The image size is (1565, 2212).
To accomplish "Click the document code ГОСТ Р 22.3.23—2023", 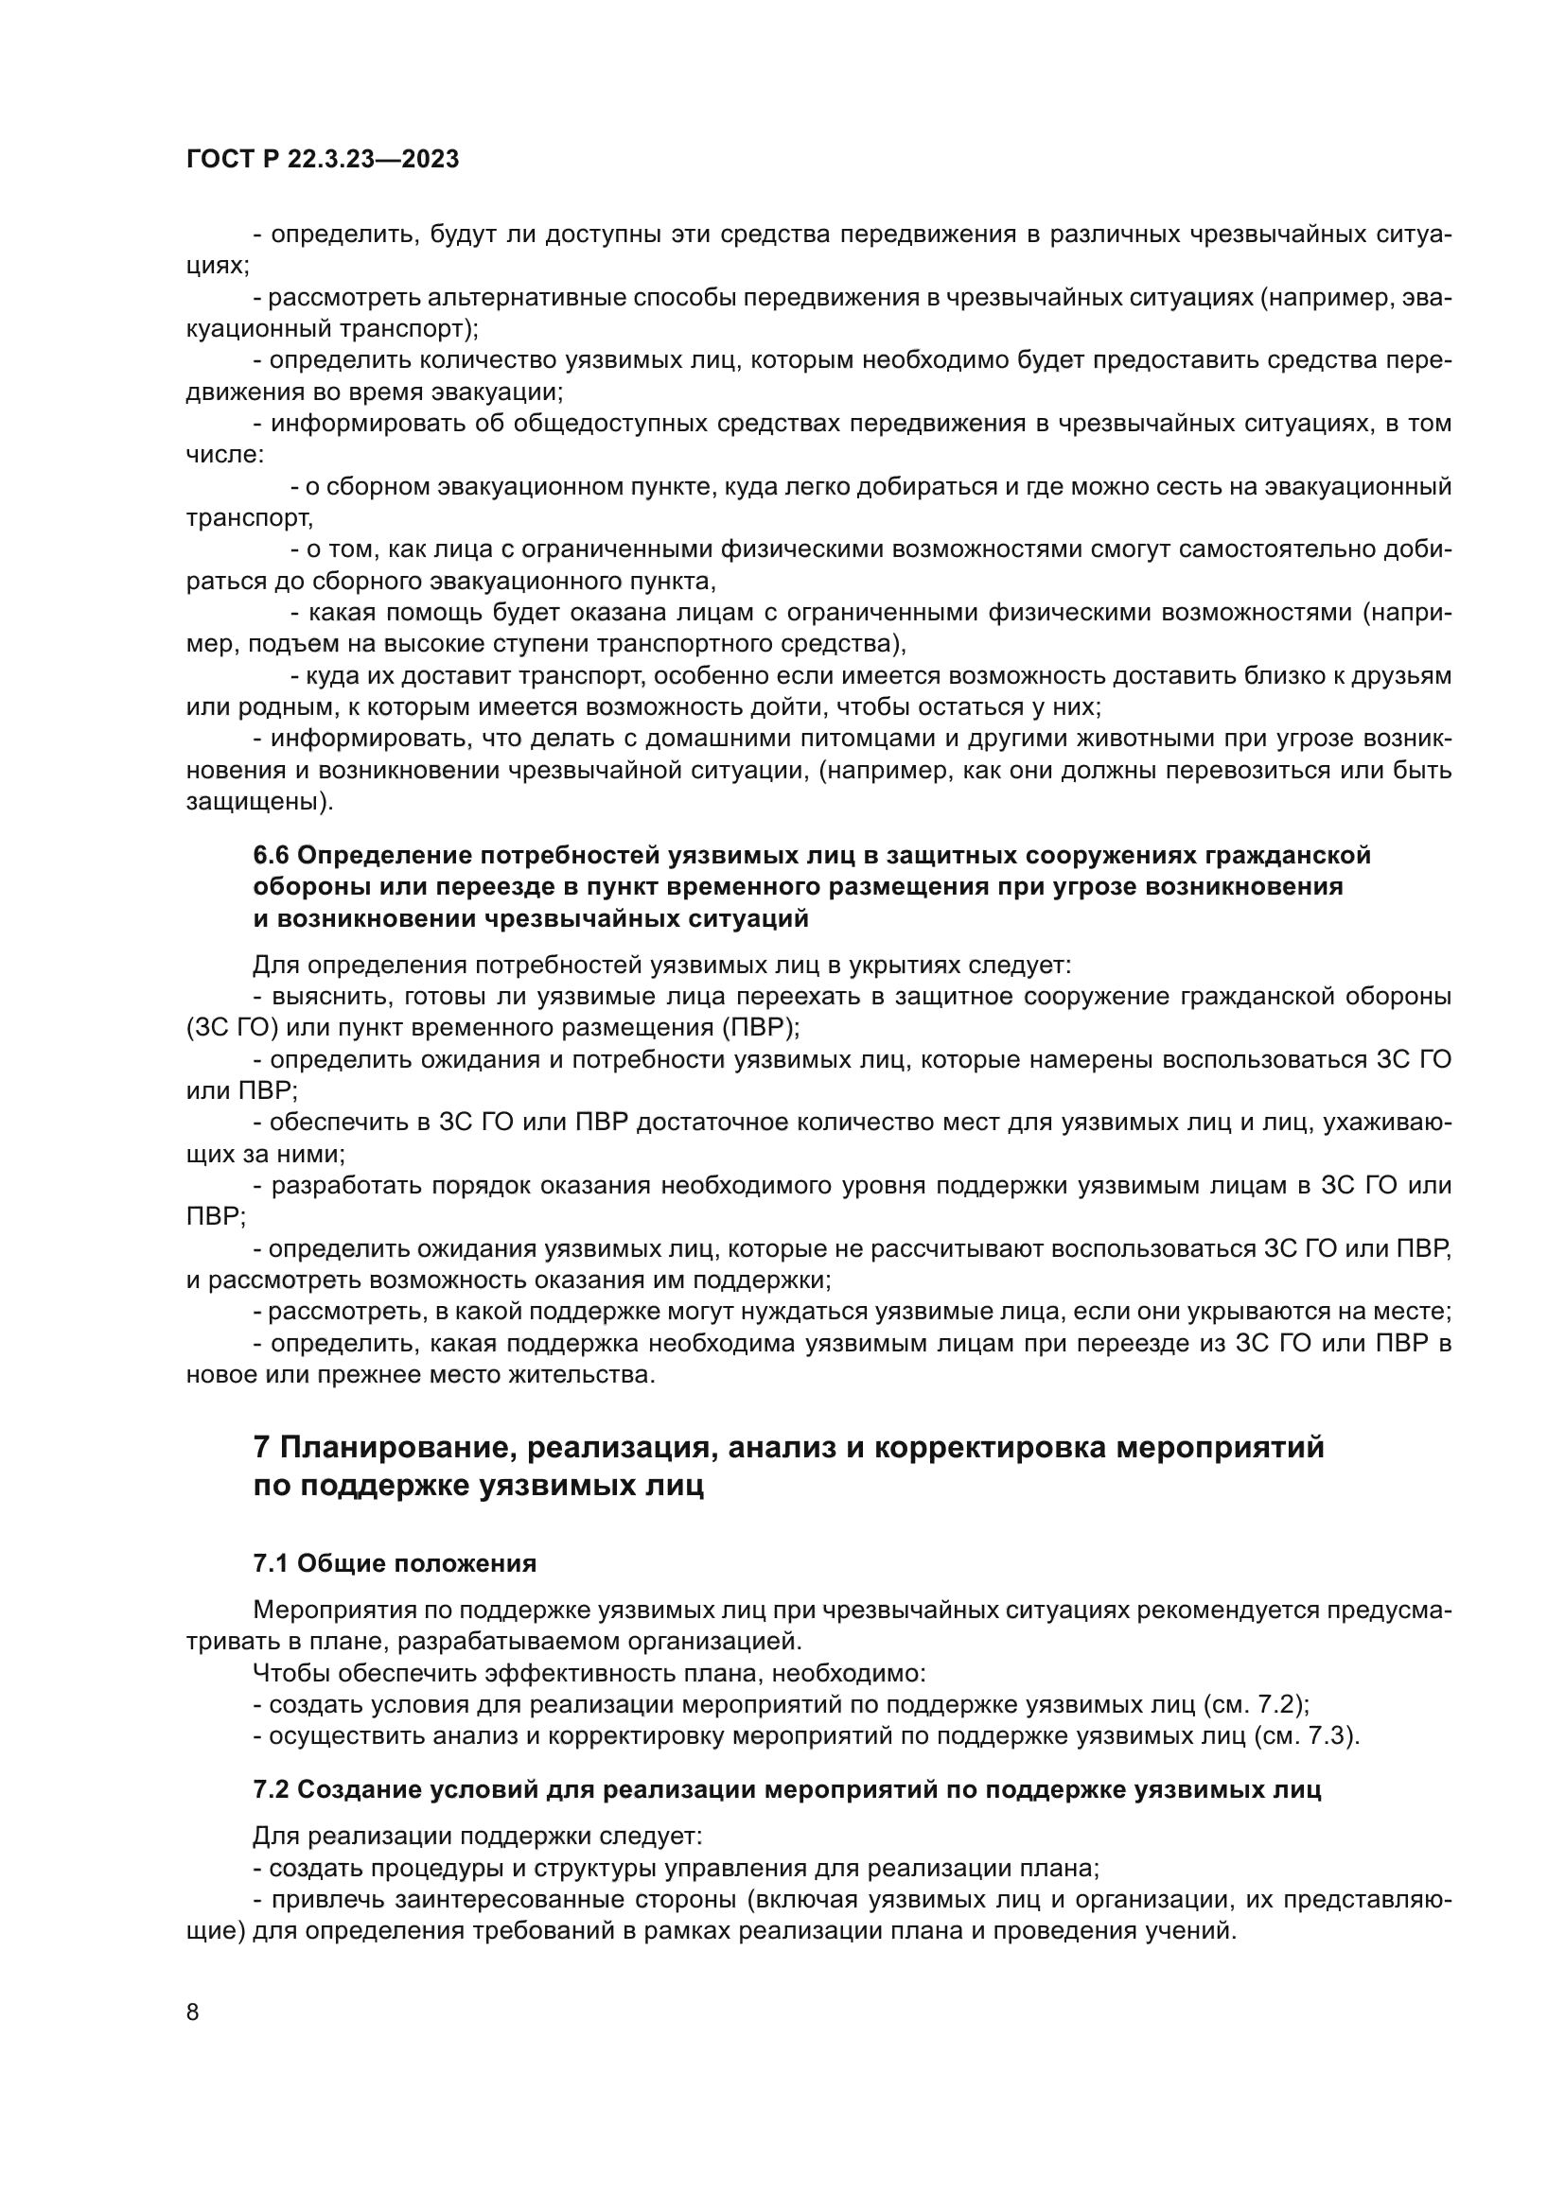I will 322,160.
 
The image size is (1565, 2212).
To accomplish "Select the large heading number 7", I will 261,1448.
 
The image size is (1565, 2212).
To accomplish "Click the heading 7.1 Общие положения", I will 395,1562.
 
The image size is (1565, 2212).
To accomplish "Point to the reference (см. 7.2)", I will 1257,1704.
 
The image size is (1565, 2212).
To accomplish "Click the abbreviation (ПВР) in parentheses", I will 762,1027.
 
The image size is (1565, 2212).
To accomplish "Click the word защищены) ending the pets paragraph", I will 260,802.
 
